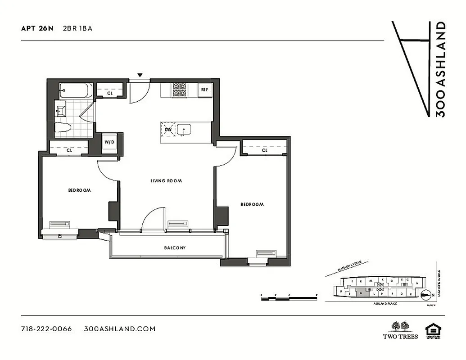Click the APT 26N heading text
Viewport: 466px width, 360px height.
(x=37, y=28)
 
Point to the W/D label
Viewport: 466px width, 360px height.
(x=109, y=143)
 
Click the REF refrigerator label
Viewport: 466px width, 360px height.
(x=204, y=90)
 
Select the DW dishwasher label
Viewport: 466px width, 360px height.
(x=168, y=130)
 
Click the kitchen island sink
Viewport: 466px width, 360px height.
(x=184, y=130)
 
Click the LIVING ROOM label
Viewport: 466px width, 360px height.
(x=166, y=181)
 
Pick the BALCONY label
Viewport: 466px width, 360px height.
(x=174, y=248)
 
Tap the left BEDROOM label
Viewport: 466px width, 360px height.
(x=79, y=190)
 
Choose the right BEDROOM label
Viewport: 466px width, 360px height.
(x=252, y=204)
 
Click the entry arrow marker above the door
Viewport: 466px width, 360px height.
(x=140, y=75)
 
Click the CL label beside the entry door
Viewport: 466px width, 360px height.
(x=109, y=94)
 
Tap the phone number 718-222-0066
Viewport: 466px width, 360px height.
(x=46, y=328)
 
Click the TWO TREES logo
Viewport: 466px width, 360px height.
(x=400, y=330)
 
